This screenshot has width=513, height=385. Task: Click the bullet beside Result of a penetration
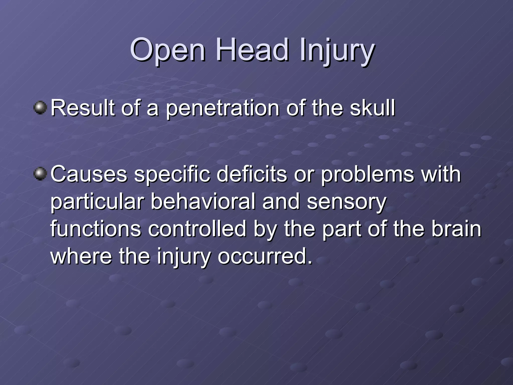pos(40,108)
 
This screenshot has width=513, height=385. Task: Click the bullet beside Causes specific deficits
pos(40,174)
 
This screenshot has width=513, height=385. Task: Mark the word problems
pos(367,174)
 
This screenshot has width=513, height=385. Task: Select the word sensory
pos(347,203)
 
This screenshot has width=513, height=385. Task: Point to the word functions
pos(96,229)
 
